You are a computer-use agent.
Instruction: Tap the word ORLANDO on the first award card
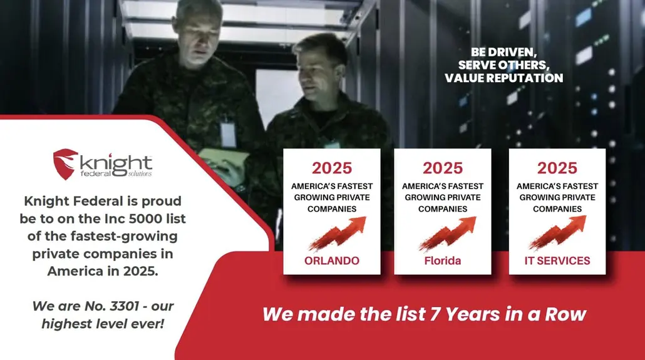point(332,260)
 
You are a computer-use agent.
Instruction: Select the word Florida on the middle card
point(442,260)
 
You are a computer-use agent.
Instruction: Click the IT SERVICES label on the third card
point(557,260)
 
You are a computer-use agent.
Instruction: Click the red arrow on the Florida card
point(448,234)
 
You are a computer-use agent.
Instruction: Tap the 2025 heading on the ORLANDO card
point(332,168)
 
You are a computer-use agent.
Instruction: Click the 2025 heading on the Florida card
point(442,168)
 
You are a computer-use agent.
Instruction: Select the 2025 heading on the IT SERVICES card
point(557,168)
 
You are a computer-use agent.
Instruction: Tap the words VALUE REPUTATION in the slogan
point(503,78)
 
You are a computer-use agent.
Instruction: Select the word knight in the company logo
point(116,162)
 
